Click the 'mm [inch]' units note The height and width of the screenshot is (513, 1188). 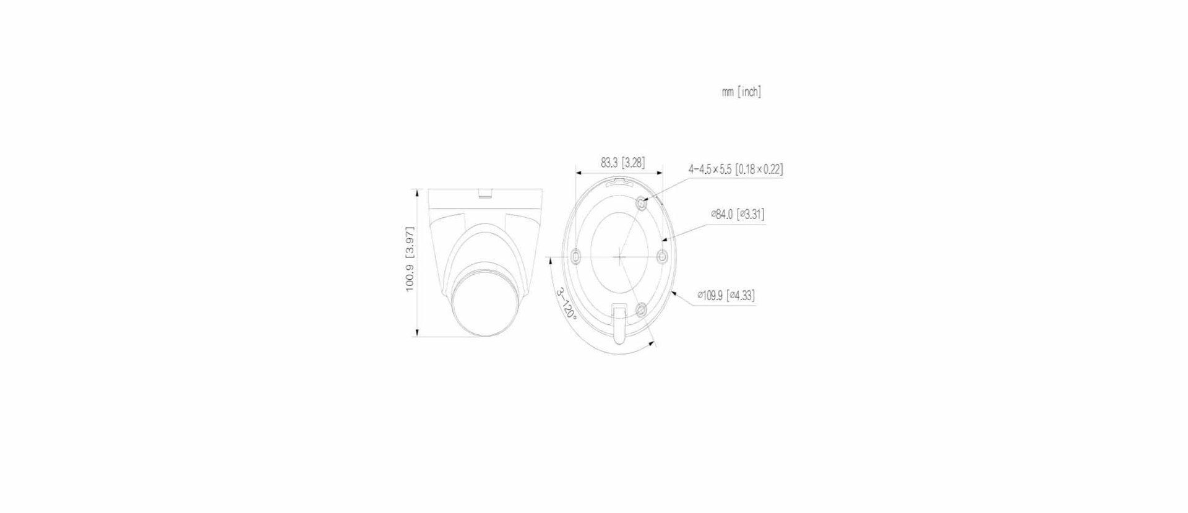(741, 92)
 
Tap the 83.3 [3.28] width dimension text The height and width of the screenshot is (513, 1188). (622, 163)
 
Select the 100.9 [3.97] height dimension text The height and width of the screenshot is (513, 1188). (410, 259)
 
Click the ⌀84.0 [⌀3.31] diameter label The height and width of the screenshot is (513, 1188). (737, 214)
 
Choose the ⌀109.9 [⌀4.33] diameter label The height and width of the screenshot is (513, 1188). (726, 295)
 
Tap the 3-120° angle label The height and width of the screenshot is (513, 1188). (566, 303)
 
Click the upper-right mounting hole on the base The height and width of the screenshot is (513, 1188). (642, 202)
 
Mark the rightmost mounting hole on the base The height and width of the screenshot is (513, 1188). (661, 256)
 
